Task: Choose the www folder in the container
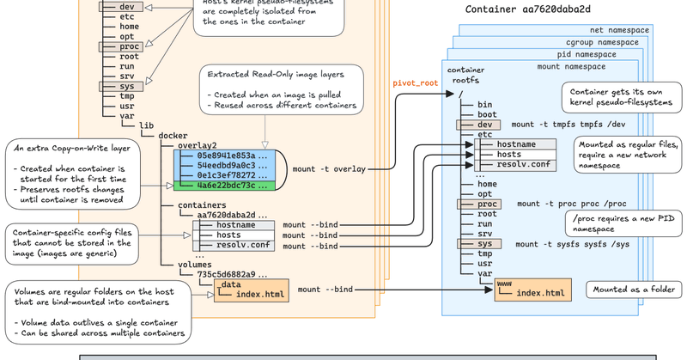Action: [505, 281]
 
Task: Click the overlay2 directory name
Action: [198, 145]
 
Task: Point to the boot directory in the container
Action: [487, 114]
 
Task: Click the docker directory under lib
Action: [174, 135]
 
